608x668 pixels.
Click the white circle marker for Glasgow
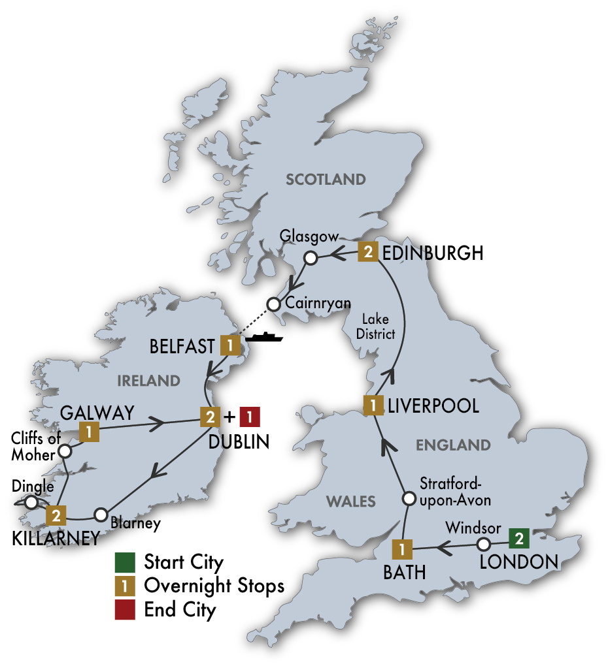coord(311,258)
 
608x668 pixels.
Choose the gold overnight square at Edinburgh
coord(368,253)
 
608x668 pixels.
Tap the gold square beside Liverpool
coord(373,405)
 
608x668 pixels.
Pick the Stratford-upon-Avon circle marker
coord(408,500)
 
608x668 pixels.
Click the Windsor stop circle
coord(483,544)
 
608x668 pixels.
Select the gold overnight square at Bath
coord(401,549)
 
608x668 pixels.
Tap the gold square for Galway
coord(88,431)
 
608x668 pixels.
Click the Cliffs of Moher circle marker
coord(65,451)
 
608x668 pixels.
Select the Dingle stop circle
coord(30,502)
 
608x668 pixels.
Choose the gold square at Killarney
coord(56,515)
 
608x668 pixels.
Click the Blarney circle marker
coord(101,515)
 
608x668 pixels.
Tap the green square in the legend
coord(124,562)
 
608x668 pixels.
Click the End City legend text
coord(180,610)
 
